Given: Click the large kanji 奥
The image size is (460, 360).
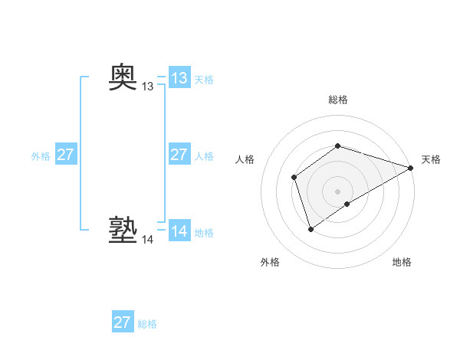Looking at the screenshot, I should click(x=123, y=77).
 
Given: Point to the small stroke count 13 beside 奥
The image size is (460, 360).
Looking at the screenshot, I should click(x=148, y=87).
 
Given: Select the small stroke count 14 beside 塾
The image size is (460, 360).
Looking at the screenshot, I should click(x=148, y=240).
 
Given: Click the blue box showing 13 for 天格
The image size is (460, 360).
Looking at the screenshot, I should click(x=179, y=78).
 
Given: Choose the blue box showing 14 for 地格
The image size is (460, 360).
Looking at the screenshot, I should click(x=179, y=231).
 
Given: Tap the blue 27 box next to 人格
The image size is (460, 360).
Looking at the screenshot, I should click(x=179, y=155).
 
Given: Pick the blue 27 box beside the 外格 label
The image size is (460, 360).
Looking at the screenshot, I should click(x=65, y=155).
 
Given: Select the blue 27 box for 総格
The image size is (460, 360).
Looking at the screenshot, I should click(x=123, y=322).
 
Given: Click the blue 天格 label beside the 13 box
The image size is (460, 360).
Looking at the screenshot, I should click(x=204, y=80).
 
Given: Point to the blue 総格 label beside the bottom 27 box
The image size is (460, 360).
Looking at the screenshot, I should click(x=147, y=324).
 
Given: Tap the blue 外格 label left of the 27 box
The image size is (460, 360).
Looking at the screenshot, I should click(x=41, y=156).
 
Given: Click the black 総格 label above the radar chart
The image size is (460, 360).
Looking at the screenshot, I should click(x=338, y=100).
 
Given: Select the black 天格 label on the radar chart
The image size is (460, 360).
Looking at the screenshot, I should click(x=431, y=159).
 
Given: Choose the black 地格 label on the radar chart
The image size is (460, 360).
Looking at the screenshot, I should click(x=402, y=262).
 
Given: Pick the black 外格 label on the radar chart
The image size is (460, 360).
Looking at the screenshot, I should click(x=270, y=262).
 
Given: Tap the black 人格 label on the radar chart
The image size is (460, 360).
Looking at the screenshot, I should click(x=245, y=159).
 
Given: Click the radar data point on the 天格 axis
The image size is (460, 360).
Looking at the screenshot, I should click(x=411, y=168).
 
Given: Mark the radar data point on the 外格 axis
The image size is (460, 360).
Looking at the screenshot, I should click(x=310, y=228).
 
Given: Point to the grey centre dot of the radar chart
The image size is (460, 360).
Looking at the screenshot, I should click(x=338, y=191).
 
